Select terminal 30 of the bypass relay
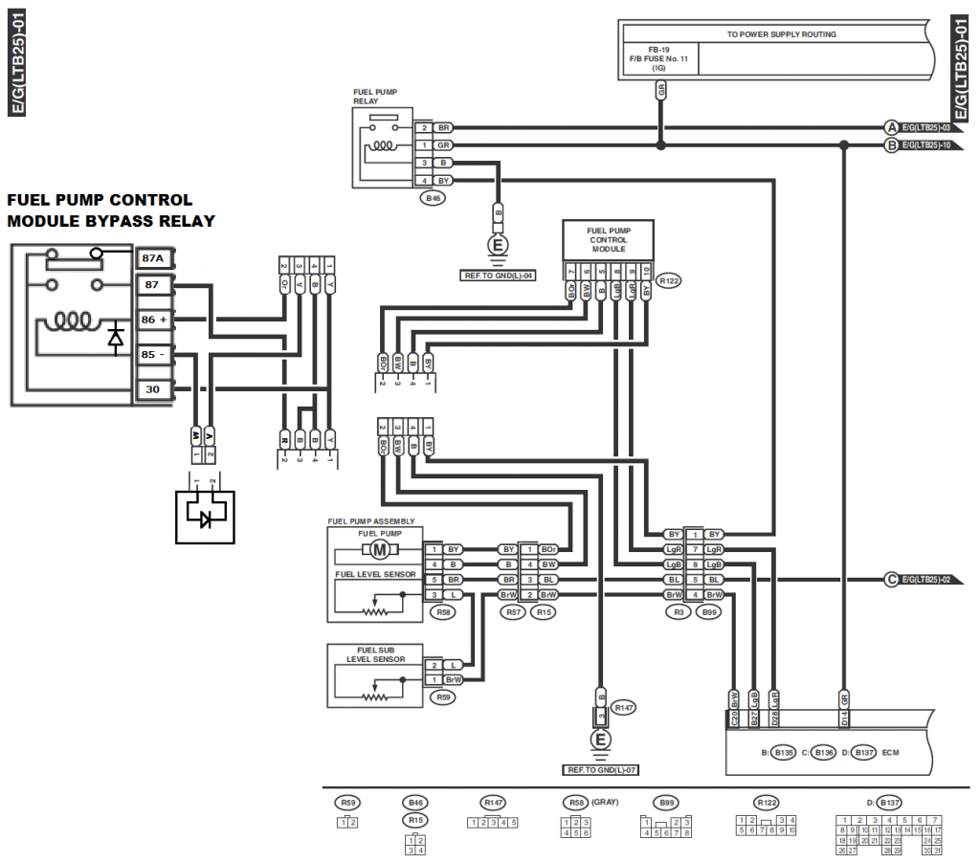pyautogui.click(x=153, y=389)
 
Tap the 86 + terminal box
pyautogui.click(x=153, y=319)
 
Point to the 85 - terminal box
pyautogui.click(x=153, y=354)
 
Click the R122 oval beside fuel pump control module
pyautogui.click(x=669, y=281)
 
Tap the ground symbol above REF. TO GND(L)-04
pyautogui.click(x=498, y=246)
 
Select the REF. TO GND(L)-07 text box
pyautogui.click(x=600, y=768)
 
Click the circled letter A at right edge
pyautogui.click(x=891, y=127)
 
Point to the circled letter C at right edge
pyautogui.click(x=891, y=580)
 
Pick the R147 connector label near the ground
pyautogui.click(x=624, y=708)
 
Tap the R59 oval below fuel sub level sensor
pyautogui.click(x=443, y=697)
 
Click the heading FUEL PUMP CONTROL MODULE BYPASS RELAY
pyautogui.click(x=111, y=210)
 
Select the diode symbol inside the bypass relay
pyautogui.click(x=116, y=337)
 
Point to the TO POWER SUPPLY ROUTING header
pyautogui.click(x=782, y=34)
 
